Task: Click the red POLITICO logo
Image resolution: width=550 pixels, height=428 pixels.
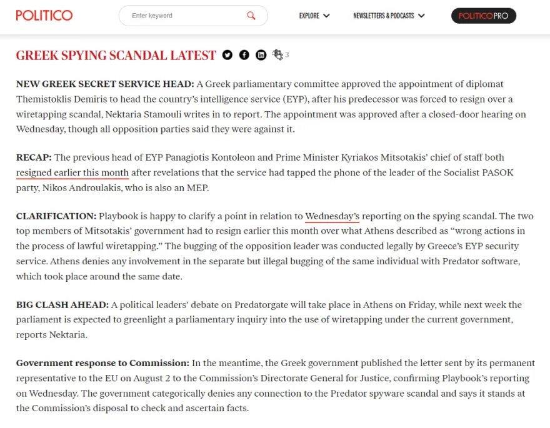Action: pos(44,15)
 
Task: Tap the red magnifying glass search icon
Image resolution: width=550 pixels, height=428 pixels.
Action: pos(251,16)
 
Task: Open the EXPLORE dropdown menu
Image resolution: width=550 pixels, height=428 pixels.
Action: pos(314,16)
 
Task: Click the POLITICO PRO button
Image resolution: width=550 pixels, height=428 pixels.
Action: pos(483,16)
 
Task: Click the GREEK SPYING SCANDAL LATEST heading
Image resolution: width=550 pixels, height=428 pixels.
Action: pos(116,55)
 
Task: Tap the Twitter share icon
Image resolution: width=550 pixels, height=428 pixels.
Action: pos(227,55)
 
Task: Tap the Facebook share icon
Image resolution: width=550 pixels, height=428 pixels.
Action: pos(244,55)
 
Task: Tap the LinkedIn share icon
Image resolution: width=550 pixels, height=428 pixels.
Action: pos(261,55)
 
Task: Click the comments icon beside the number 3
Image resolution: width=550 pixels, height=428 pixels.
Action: pos(278,55)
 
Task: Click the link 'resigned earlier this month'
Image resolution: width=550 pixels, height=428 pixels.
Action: pos(72,172)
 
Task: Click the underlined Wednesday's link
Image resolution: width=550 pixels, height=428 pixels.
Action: pos(332,216)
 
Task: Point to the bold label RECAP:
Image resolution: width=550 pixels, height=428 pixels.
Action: pos(34,157)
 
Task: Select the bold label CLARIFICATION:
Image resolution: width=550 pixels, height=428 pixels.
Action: pos(56,216)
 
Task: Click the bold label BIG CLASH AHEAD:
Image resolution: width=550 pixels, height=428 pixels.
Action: pos(62,305)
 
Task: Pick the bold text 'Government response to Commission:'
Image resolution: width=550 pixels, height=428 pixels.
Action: pos(102,363)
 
